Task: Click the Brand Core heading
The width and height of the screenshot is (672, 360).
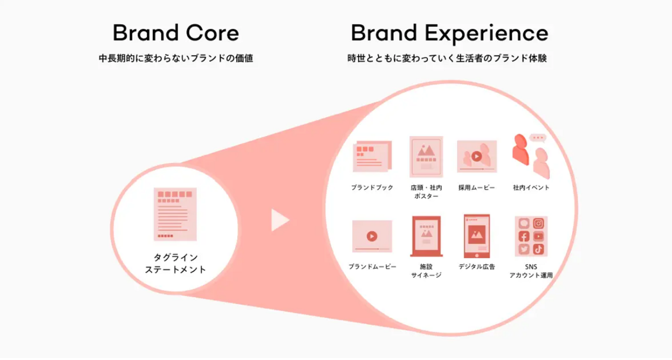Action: click(176, 33)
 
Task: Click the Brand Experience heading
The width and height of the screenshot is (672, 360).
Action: click(449, 34)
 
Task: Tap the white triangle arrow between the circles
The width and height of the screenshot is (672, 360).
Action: click(280, 220)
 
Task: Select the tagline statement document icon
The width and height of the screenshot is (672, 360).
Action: click(175, 214)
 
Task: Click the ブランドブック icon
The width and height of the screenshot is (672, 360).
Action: click(372, 156)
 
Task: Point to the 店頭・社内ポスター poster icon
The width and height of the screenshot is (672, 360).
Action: click(427, 157)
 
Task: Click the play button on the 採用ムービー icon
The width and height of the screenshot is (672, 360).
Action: click(477, 156)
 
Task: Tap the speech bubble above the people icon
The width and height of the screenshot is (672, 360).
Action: click(538, 138)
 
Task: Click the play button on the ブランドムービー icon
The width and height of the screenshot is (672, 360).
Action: click(372, 236)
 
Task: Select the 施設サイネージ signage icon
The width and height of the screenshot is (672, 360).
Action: click(427, 236)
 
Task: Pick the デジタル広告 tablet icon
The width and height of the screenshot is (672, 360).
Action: click(477, 236)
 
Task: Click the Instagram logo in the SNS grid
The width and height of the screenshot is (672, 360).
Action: click(539, 223)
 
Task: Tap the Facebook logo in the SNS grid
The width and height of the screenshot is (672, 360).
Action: click(524, 236)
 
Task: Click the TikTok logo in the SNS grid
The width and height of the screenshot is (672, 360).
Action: click(539, 249)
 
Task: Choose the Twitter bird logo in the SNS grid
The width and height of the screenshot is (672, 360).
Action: click(524, 249)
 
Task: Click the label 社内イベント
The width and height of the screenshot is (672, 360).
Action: click(531, 187)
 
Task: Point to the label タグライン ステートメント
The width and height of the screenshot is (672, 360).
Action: click(175, 263)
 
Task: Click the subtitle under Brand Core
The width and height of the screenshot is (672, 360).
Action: click(176, 58)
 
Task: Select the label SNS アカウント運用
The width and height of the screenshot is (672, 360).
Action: click(531, 271)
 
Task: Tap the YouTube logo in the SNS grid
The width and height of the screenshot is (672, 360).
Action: click(539, 236)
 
